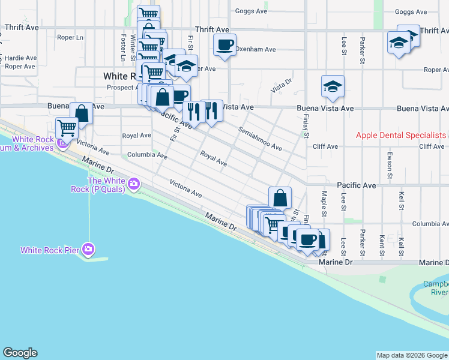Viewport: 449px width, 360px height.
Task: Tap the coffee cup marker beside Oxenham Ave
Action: point(224,45)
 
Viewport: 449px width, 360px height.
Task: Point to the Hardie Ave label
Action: point(20,58)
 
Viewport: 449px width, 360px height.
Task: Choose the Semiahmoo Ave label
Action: point(260,138)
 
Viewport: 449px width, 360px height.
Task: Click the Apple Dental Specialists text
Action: point(401,135)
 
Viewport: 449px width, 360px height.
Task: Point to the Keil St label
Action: point(401,200)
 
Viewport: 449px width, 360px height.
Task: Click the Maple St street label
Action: point(324,200)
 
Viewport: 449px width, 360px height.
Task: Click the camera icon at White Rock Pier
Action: point(89,248)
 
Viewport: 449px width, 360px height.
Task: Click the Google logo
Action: point(20,353)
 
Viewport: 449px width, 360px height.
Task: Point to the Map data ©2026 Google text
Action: point(412,355)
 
